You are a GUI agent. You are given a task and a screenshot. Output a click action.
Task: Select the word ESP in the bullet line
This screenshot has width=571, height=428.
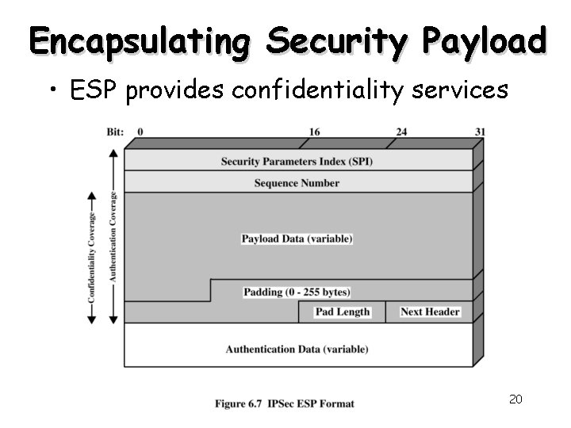point(95,91)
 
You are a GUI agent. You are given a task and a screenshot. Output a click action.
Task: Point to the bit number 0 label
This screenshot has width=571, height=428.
point(140,132)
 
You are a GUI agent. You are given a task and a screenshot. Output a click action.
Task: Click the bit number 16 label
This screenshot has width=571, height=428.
point(315,132)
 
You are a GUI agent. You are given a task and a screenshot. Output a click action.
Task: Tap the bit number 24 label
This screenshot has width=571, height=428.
point(401,132)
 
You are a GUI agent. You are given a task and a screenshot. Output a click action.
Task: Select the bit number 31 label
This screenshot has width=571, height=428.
point(480,132)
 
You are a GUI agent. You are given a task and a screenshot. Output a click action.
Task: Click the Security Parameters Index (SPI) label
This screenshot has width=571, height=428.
point(297,162)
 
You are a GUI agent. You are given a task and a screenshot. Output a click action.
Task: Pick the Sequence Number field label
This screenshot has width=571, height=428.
point(297,183)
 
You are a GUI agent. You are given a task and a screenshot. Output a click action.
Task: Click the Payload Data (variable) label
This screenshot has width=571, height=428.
point(297,239)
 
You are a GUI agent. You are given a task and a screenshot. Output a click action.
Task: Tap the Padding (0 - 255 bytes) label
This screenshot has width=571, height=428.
point(297,292)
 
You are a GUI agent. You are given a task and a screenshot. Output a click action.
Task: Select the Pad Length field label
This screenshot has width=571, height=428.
point(343,312)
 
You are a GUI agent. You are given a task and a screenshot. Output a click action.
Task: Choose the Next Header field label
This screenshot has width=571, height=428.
point(430,312)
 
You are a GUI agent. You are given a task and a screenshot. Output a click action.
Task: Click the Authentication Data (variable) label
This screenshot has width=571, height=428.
point(297,349)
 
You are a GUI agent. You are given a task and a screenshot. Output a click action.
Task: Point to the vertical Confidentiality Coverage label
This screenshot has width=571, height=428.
point(92,257)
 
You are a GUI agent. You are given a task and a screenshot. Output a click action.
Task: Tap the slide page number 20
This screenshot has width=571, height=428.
point(515,399)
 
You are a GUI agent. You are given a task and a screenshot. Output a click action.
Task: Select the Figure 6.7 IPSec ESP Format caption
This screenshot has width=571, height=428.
point(285,403)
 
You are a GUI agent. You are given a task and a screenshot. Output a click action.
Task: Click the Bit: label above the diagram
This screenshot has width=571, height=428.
point(115,132)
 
